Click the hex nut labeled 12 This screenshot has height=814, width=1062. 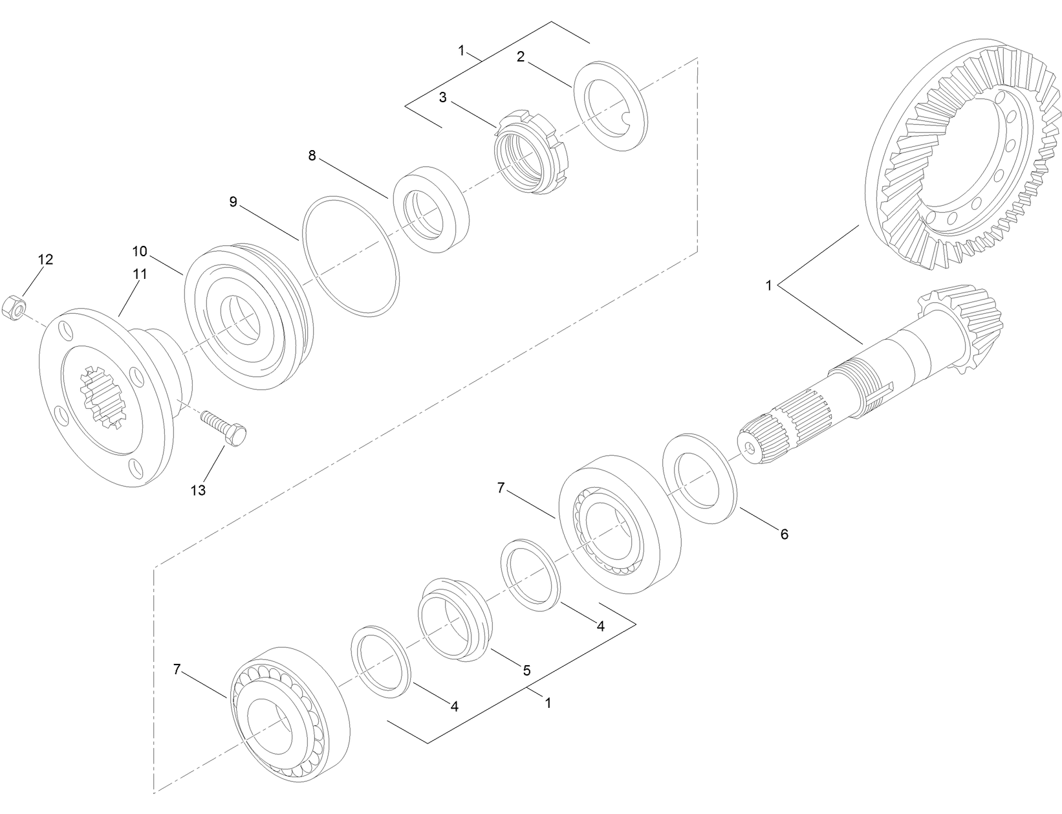[14, 307]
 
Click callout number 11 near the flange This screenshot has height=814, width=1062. [140, 274]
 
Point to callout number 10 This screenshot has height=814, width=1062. [140, 251]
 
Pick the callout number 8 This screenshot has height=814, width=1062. [312, 156]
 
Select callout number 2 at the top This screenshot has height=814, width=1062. [520, 57]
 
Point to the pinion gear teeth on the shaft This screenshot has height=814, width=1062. [964, 327]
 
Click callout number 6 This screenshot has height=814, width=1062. [784, 534]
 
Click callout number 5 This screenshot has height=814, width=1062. [526, 670]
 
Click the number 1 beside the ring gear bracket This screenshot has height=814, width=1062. [769, 285]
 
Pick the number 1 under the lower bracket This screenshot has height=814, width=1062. [548, 703]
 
